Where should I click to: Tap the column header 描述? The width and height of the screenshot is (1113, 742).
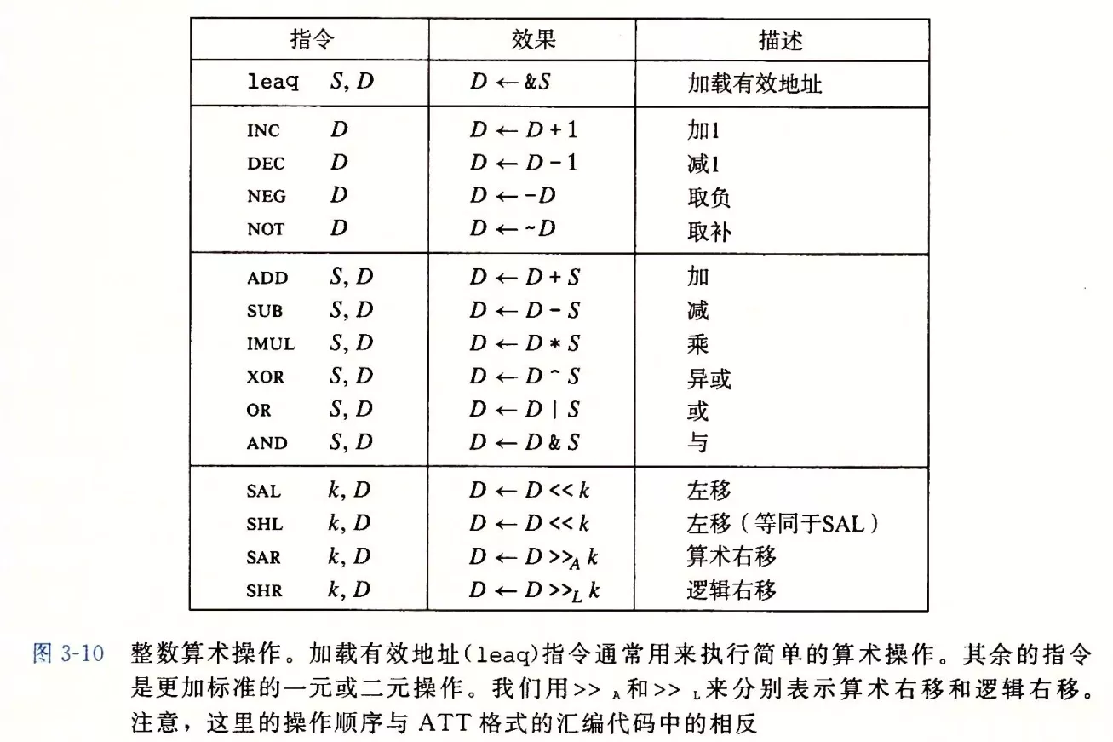click(x=780, y=40)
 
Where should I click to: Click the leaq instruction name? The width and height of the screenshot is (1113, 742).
click(x=273, y=83)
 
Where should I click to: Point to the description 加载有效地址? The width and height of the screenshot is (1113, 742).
click(x=754, y=83)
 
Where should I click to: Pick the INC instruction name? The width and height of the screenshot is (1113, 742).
click(x=263, y=131)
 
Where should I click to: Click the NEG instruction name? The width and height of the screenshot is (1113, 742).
click(x=266, y=196)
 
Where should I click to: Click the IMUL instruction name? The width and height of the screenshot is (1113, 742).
click(x=270, y=344)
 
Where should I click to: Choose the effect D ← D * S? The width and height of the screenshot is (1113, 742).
click(x=525, y=344)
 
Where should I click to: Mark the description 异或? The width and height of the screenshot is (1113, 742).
click(x=709, y=377)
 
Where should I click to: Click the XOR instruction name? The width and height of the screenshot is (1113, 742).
click(x=266, y=377)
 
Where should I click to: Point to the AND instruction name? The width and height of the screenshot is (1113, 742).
click(x=267, y=443)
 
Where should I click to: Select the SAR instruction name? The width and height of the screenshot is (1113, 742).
click(x=264, y=557)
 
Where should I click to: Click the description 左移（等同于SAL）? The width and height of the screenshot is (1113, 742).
click(x=783, y=524)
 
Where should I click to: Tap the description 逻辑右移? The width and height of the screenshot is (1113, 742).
click(x=731, y=590)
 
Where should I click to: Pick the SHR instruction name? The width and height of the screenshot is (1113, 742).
click(x=264, y=590)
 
